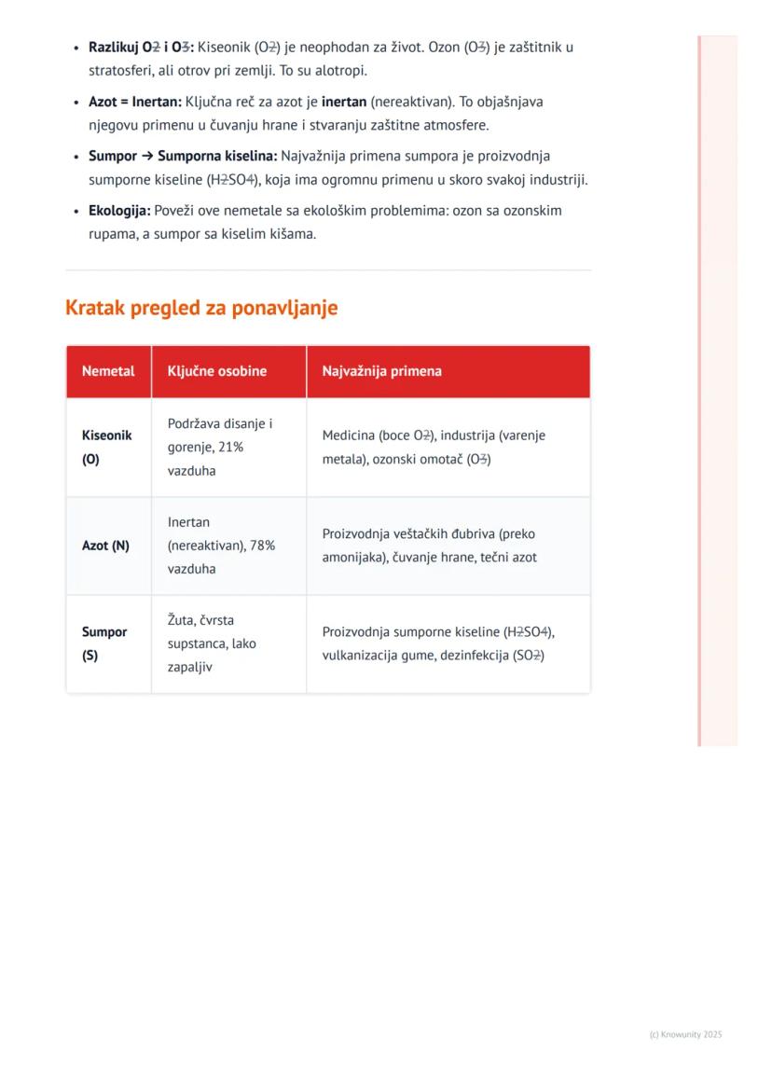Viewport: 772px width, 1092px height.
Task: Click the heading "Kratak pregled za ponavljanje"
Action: (201, 308)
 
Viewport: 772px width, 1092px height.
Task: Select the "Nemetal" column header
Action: (108, 371)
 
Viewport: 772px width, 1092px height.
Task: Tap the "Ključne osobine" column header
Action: (217, 371)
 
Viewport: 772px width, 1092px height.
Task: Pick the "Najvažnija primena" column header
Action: (382, 371)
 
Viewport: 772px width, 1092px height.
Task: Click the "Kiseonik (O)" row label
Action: (107, 448)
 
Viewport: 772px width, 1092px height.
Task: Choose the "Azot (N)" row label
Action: (105, 546)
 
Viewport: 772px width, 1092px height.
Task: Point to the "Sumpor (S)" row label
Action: (104, 643)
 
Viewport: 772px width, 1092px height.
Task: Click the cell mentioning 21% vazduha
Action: (220, 448)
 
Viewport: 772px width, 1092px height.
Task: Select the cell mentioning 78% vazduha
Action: (221, 546)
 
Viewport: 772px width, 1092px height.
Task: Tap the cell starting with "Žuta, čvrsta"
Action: (212, 643)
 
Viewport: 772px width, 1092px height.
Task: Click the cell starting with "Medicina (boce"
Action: (434, 448)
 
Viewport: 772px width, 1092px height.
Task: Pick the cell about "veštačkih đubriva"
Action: (429, 546)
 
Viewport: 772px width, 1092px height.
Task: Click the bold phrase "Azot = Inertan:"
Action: (135, 102)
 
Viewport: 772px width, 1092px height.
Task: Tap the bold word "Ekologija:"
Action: (119, 211)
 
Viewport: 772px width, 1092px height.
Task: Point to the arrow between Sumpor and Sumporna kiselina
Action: (147, 157)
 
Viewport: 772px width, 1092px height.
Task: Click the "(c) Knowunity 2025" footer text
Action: (685, 1034)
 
